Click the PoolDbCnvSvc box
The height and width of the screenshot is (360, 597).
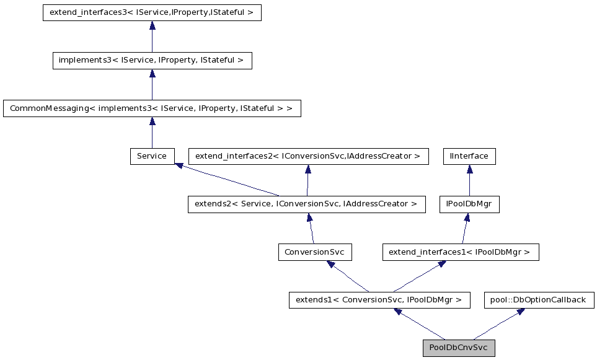[x=459, y=348]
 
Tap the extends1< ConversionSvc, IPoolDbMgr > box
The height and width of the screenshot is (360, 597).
[x=378, y=300]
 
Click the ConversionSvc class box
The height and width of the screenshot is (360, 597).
[x=316, y=252]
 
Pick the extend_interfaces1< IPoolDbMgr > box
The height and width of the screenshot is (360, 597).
[x=460, y=252]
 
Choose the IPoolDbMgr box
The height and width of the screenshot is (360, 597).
[x=469, y=204]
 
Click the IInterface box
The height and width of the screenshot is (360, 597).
[x=469, y=156]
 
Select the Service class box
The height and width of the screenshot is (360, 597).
[x=152, y=156]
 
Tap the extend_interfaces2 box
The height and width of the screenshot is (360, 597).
[x=308, y=156]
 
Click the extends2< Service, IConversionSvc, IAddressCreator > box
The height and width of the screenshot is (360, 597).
[x=307, y=204]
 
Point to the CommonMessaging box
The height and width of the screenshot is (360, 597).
[x=152, y=108]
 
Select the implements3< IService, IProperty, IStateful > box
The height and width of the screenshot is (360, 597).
[x=152, y=61]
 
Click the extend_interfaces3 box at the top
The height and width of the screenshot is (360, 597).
[x=152, y=12]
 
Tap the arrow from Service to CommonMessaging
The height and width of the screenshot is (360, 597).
[x=152, y=133]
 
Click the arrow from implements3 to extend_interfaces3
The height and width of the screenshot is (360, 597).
[x=152, y=37]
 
